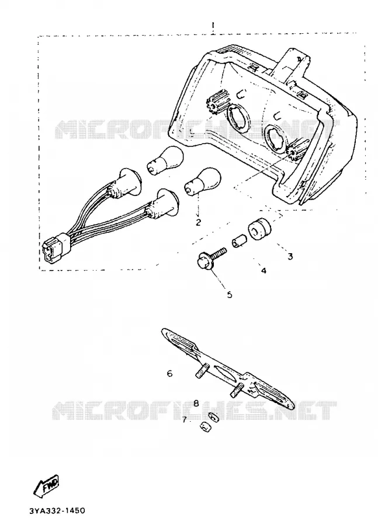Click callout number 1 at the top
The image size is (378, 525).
click(213, 26)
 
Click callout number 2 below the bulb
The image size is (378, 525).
click(198, 222)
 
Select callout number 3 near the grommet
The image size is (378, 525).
click(290, 256)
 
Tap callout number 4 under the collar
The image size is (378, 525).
click(263, 271)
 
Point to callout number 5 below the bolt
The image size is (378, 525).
click(230, 295)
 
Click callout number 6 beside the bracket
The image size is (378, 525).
click(169, 373)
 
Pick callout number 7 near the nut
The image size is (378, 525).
click(184, 419)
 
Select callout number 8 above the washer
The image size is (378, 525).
click(196, 402)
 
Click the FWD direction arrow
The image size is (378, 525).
click(48, 485)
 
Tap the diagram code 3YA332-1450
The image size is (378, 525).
click(57, 511)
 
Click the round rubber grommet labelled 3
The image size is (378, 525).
click(259, 229)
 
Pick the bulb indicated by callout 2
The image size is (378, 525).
click(203, 182)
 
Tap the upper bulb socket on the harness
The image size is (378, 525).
click(127, 184)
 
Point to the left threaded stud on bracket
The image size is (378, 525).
click(202, 371)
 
